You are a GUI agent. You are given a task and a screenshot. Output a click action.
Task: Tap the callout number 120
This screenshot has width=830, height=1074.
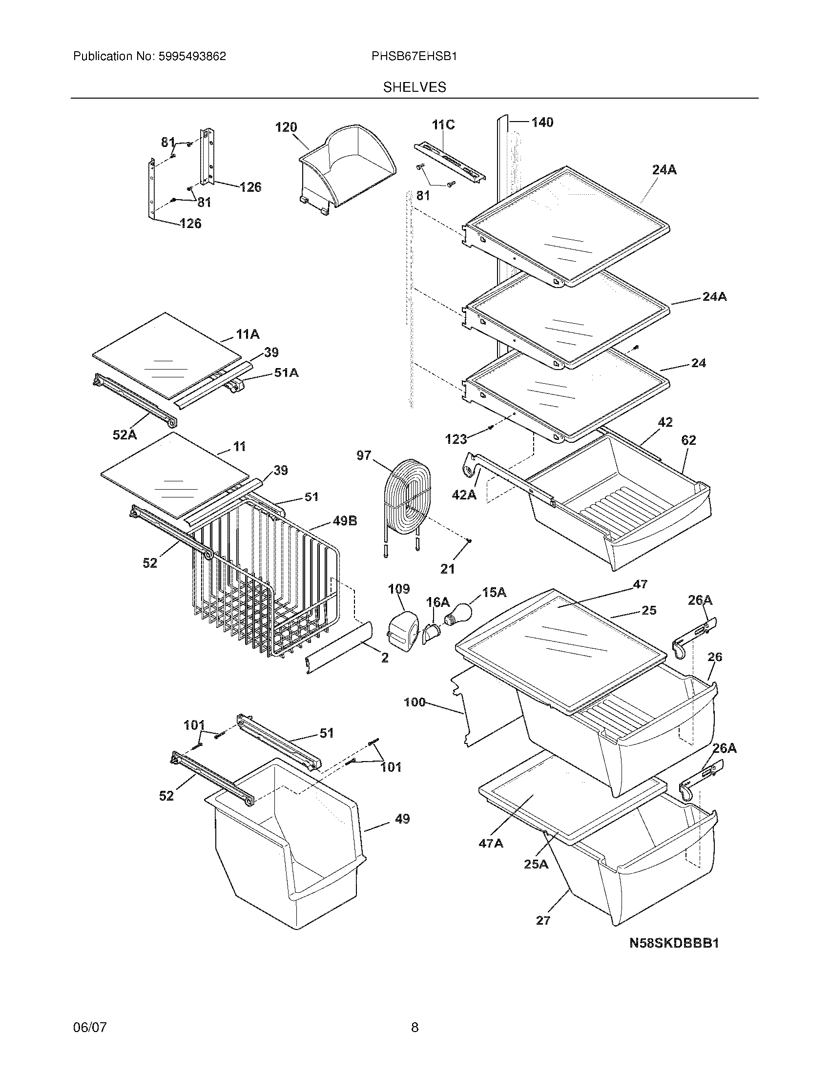[286, 127]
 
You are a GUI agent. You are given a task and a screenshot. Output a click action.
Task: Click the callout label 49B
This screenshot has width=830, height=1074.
[345, 521]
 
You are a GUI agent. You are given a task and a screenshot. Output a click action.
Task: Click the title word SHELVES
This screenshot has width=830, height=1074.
[415, 87]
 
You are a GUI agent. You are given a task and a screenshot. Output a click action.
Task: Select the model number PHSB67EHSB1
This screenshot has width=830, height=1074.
[414, 57]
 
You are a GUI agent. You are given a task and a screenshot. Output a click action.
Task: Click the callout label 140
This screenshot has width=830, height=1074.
[542, 122]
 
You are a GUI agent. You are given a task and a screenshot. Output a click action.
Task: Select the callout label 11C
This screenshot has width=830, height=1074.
[443, 125]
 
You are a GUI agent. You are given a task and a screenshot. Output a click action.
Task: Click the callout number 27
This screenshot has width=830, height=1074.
[543, 920]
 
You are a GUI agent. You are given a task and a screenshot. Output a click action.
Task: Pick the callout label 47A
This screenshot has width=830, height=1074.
[491, 844]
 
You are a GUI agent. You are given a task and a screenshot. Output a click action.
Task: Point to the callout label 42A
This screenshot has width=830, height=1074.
[464, 494]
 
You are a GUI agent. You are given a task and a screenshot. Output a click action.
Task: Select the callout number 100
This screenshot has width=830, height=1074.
[415, 702]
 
